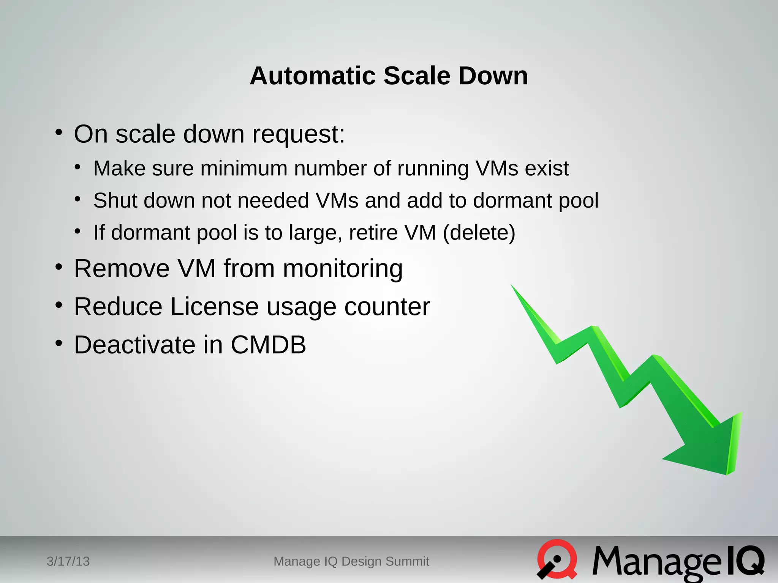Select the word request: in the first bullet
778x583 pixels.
(299, 135)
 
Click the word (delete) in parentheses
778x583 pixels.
(479, 233)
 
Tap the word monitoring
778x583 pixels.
(343, 269)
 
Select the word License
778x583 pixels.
(214, 307)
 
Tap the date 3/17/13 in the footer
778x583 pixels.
(68, 561)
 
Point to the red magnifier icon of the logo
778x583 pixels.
(557, 559)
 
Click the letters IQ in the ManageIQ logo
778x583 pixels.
(745, 561)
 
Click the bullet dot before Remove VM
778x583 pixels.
(59, 267)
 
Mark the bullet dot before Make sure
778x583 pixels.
(77, 167)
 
